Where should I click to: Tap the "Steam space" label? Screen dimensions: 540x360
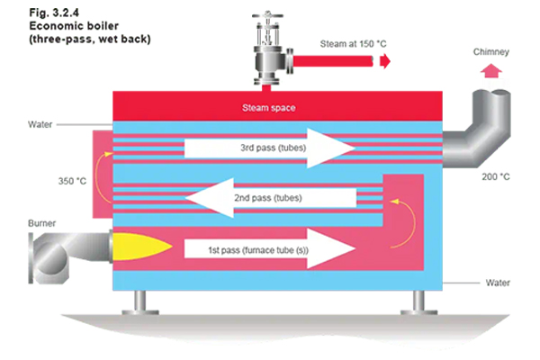pyautogui.click(x=268, y=108)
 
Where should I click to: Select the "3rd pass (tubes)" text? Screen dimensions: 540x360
pyautogui.click(x=273, y=148)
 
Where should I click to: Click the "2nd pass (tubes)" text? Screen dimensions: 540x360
pyautogui.click(x=268, y=198)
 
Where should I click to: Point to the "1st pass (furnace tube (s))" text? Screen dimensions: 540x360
pyautogui.click(x=258, y=250)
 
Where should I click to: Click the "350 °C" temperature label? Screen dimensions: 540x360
pyautogui.click(x=72, y=181)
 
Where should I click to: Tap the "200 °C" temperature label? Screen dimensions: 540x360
pyautogui.click(x=496, y=176)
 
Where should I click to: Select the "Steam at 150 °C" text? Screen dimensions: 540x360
pyautogui.click(x=354, y=44)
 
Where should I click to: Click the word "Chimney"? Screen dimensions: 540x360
pyautogui.click(x=491, y=52)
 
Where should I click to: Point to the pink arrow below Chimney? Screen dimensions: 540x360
pyautogui.click(x=491, y=70)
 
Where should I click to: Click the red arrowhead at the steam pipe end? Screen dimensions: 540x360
pyautogui.click(x=385, y=61)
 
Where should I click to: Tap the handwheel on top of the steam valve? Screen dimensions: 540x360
pyautogui.click(x=267, y=15)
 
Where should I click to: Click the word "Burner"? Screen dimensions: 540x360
pyautogui.click(x=41, y=223)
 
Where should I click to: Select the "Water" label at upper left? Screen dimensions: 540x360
pyautogui.click(x=40, y=124)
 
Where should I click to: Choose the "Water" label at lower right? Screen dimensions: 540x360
pyautogui.click(x=498, y=283)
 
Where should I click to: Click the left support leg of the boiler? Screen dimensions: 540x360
pyautogui.click(x=140, y=302)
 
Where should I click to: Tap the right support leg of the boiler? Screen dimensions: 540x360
pyautogui.click(x=418, y=302)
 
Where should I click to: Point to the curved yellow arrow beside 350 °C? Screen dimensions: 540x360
pyautogui.click(x=102, y=175)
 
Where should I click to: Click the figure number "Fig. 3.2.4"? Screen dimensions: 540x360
pyautogui.click(x=54, y=13)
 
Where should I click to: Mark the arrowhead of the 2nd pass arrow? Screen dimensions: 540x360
pyautogui.click(x=210, y=198)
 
